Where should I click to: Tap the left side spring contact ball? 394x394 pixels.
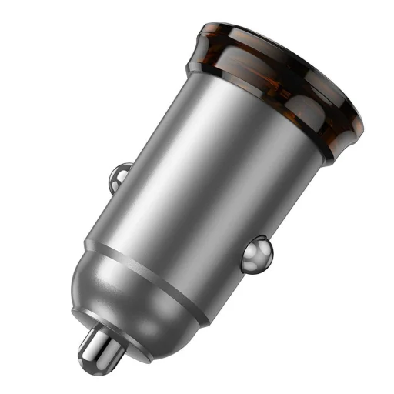[x=120, y=175]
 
